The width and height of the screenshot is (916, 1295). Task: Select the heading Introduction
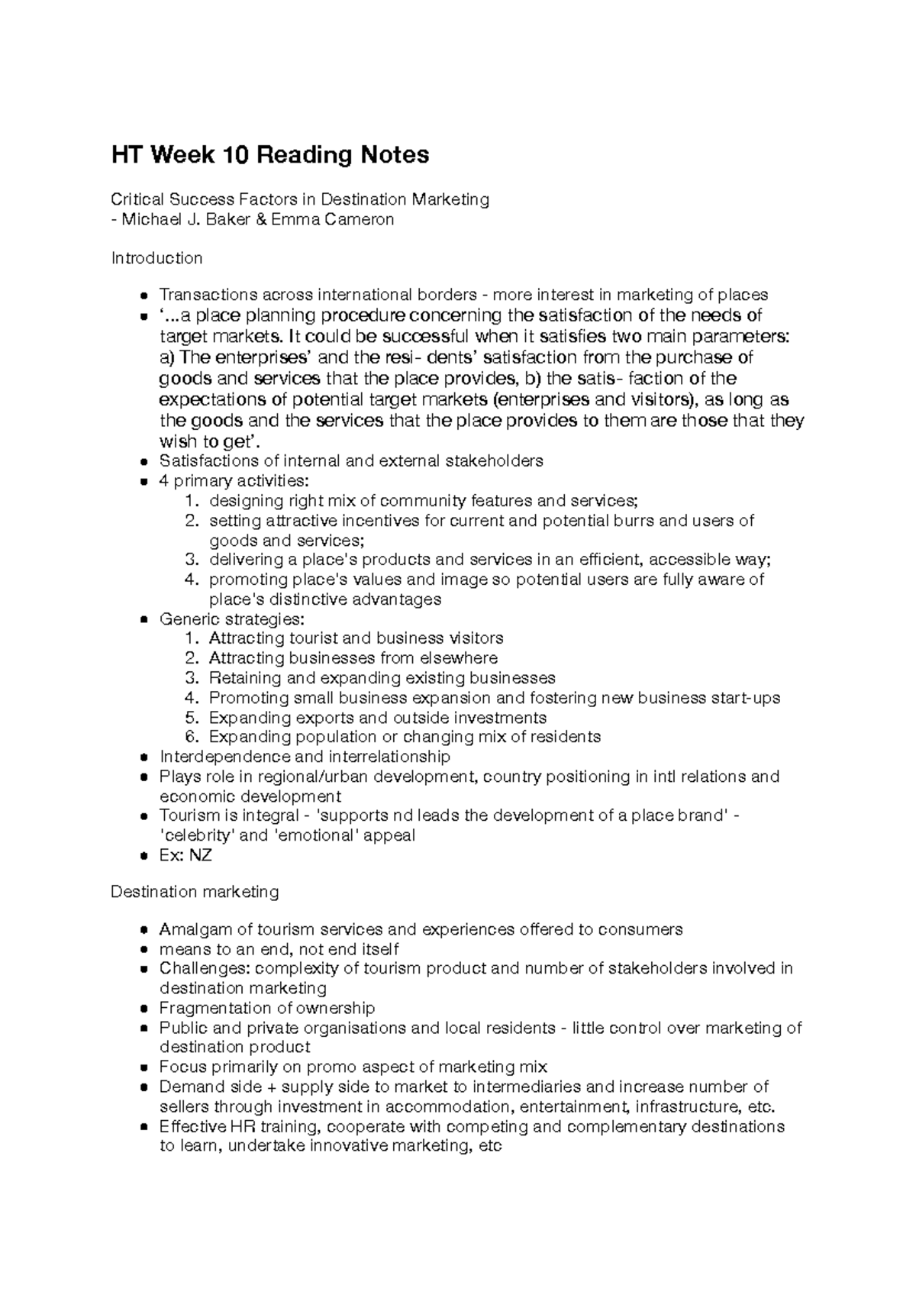(156, 258)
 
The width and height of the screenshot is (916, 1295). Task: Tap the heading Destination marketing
(195, 891)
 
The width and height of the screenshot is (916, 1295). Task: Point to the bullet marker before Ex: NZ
(144, 856)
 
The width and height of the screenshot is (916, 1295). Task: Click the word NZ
(201, 855)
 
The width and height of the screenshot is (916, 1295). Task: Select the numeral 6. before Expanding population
(192, 737)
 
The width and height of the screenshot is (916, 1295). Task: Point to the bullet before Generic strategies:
(144, 619)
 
